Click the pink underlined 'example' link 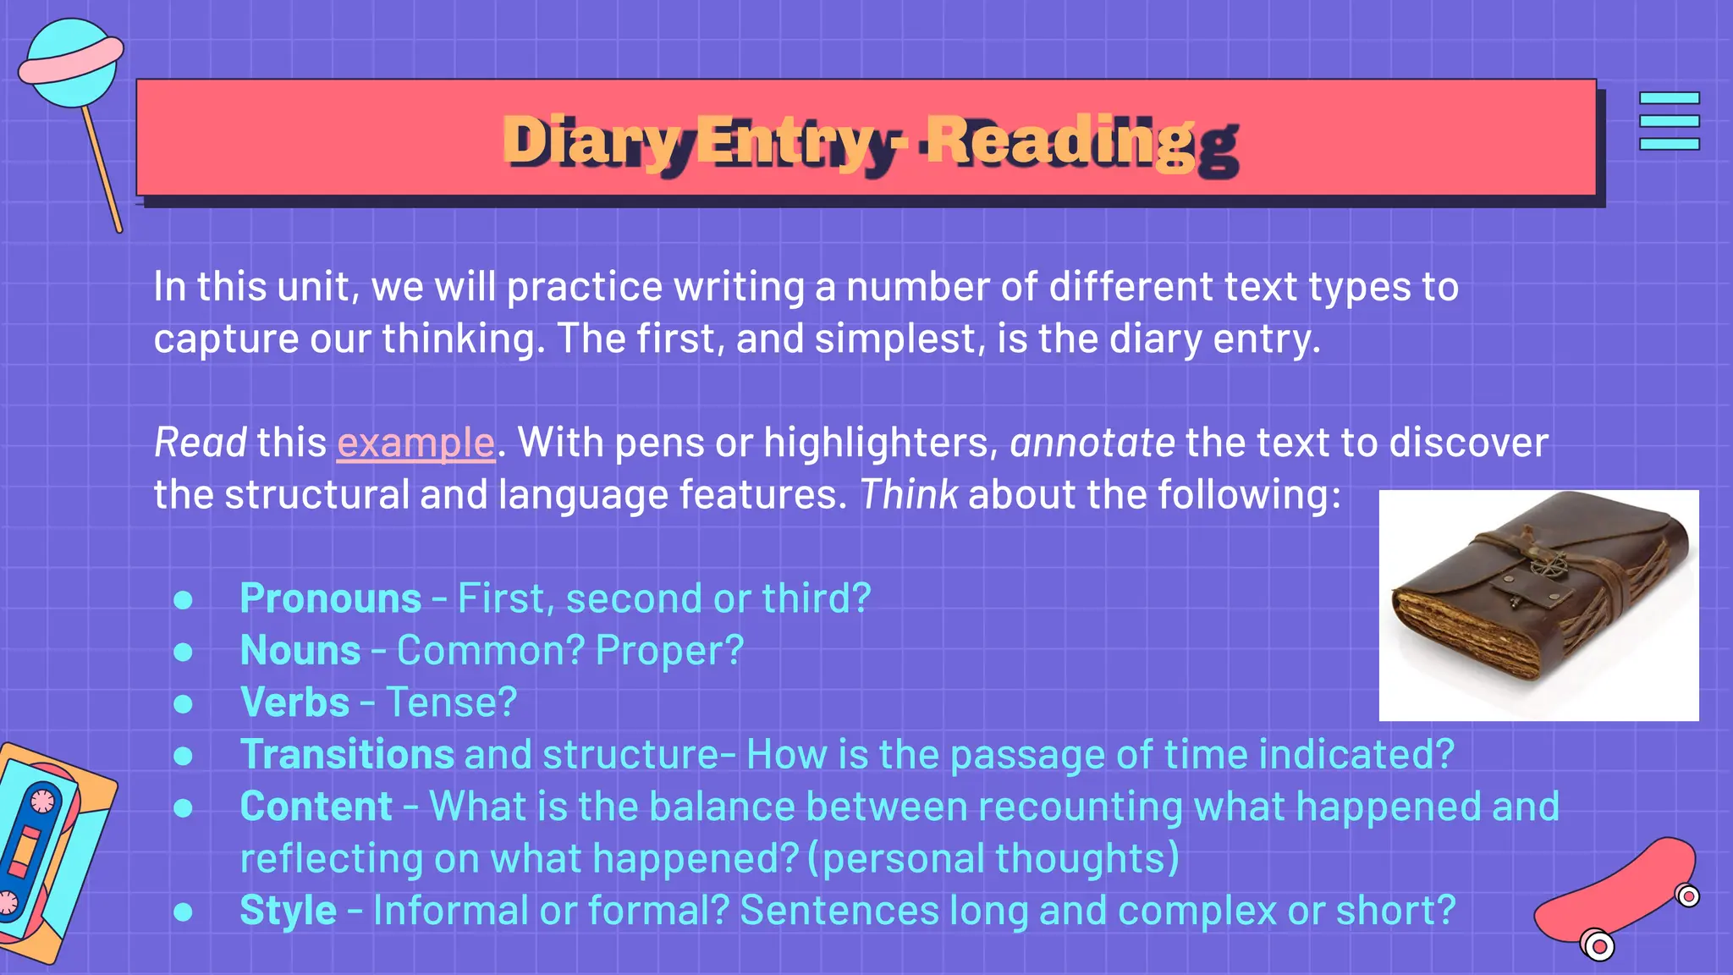coord(415,443)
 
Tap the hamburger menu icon coord(1669,121)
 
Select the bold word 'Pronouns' coord(330,598)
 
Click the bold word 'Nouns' coord(300,651)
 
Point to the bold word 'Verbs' coord(294,702)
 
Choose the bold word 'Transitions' coord(347,754)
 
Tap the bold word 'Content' coord(316,807)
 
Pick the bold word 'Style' coord(288,911)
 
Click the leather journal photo coord(1538,605)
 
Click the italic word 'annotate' coord(1092,443)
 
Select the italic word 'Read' coord(200,443)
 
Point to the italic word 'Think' coord(909,494)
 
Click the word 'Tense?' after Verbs coord(451,702)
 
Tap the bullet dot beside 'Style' coord(183,912)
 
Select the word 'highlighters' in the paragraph coord(880,443)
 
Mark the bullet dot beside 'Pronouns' coord(183,600)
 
